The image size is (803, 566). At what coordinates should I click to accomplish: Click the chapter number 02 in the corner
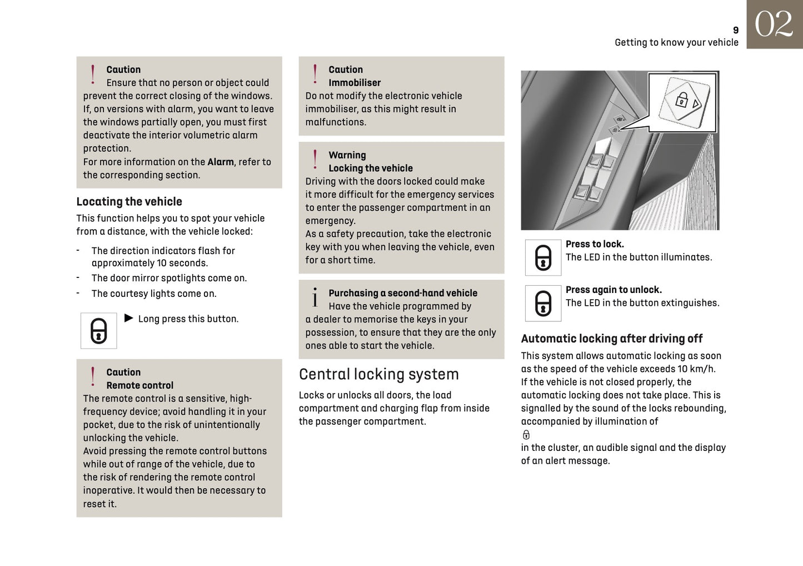pos(774,24)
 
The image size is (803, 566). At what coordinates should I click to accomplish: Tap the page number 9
pos(736,31)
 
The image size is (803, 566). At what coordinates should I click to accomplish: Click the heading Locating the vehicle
pos(129,202)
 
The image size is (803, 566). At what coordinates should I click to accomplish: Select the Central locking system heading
pos(378,374)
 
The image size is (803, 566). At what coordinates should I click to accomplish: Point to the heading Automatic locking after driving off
pos(611,339)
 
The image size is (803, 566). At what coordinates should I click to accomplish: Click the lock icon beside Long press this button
pos(98,331)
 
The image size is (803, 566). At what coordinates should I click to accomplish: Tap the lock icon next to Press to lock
pos(543,257)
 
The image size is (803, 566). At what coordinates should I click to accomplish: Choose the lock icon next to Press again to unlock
pos(543,304)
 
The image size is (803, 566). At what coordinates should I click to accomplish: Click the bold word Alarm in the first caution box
pos(221,162)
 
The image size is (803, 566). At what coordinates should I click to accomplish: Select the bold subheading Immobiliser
pos(355,83)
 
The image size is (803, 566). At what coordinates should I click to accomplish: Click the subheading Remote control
pos(139,385)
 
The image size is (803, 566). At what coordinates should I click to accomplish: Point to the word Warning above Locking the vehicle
pos(347,155)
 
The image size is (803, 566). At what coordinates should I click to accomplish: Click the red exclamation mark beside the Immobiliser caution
pos(315,74)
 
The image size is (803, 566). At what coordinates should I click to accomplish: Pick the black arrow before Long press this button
pos(129,318)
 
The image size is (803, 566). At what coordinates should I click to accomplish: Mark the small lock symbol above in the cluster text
pos(526,435)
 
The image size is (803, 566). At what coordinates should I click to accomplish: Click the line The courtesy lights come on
pos(154,294)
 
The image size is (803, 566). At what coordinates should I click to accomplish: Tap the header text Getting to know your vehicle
pos(676,42)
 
